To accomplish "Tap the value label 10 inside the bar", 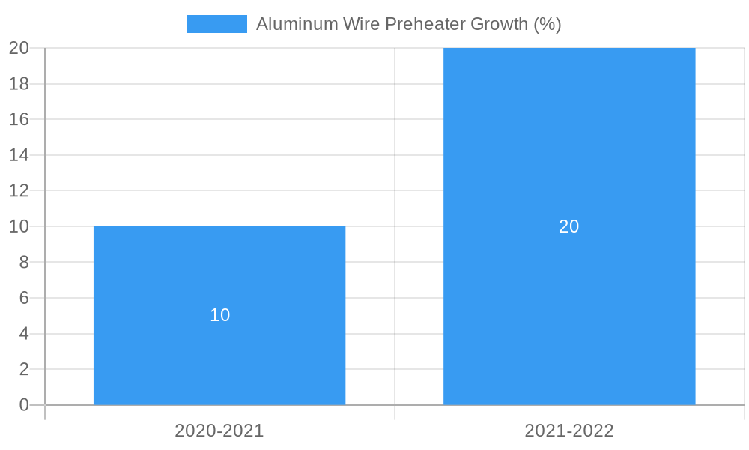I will tap(219, 315).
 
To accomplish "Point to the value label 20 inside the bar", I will tap(569, 226).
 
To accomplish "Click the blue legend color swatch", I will tap(217, 24).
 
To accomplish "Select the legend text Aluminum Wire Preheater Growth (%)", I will tap(408, 24).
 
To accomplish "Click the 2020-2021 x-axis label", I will tap(219, 430).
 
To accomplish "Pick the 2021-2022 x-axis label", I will tap(569, 430).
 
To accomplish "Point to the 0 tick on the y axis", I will tap(23, 405).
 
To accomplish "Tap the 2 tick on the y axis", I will tap(23, 369).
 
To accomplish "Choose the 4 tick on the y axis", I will tap(23, 334).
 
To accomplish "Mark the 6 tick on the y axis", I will tap(23, 298).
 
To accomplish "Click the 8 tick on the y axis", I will tap(23, 262).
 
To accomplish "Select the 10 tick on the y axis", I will tap(19, 226).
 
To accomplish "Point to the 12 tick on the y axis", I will tap(19, 190).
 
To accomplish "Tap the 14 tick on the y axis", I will tap(19, 155).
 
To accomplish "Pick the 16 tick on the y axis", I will tap(19, 119).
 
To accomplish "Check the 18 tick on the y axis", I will tap(19, 84).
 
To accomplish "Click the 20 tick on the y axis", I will tap(19, 48).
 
